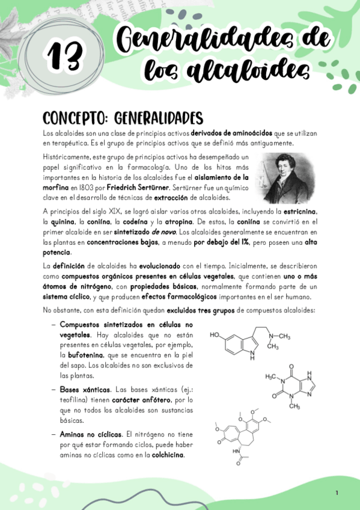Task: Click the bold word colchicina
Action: tap(169, 455)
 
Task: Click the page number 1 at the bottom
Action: tap(337, 493)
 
